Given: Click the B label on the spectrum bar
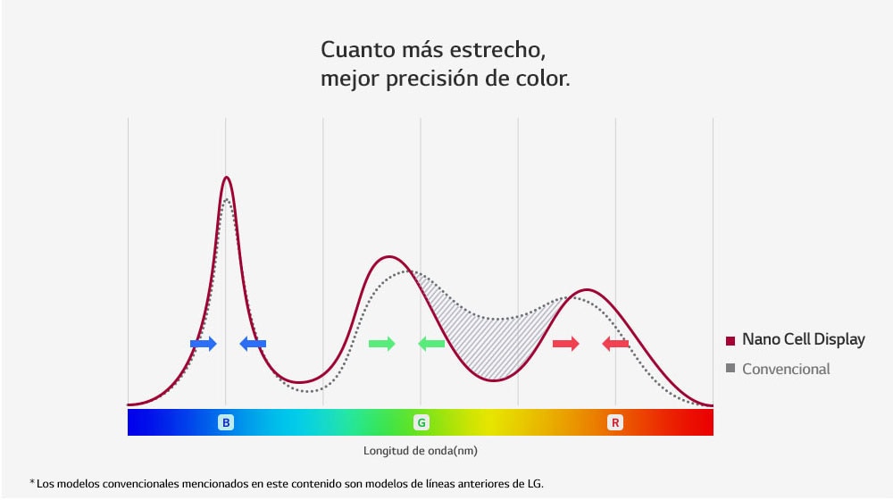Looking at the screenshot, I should click(226, 422).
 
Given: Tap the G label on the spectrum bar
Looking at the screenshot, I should click(421, 422).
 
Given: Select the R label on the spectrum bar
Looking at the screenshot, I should click(615, 422).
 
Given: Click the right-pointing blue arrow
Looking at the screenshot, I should click(204, 344).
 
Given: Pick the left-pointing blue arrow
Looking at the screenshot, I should click(253, 344).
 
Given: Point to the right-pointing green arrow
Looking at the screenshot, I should click(382, 344).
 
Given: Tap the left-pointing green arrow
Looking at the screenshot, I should click(431, 344).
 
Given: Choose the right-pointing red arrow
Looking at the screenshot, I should click(566, 344).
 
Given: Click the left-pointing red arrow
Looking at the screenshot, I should click(615, 344).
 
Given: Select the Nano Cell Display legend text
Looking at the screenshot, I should click(803, 339).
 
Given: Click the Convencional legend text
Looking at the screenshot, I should click(786, 369).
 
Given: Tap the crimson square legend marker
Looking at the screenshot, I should click(730, 340).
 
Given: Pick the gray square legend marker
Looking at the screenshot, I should click(730, 369).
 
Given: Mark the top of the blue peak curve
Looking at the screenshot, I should click(227, 178).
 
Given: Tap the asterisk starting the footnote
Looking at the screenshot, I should click(32, 483).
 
